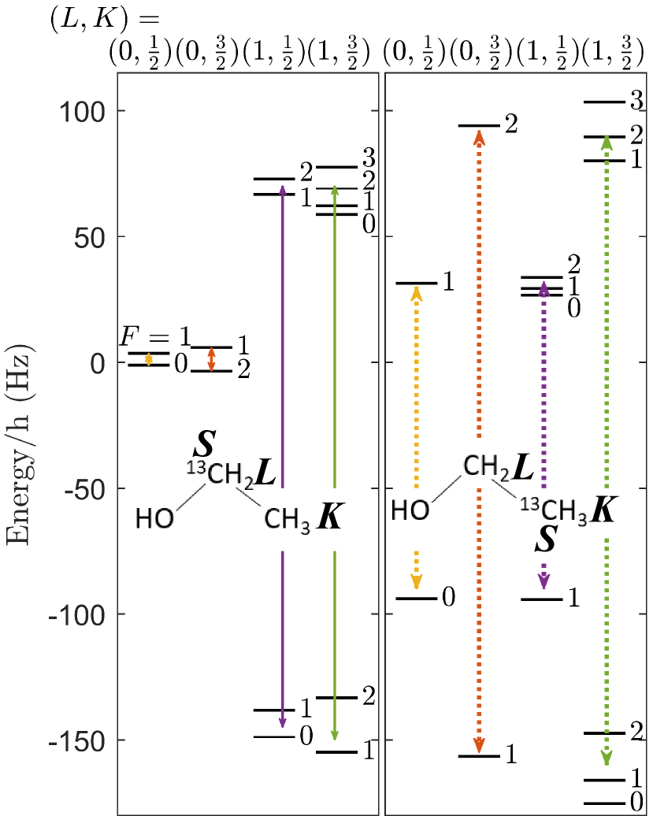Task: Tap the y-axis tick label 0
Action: coord(98,363)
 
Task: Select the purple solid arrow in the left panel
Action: coord(282,315)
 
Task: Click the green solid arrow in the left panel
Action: coord(334,315)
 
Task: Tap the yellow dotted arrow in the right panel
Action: coord(416,378)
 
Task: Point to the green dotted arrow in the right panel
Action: coord(606,315)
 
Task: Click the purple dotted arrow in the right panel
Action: coord(544,378)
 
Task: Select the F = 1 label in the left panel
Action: coord(154,337)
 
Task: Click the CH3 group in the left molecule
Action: coord(287,519)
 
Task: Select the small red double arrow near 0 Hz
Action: coord(210,359)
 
